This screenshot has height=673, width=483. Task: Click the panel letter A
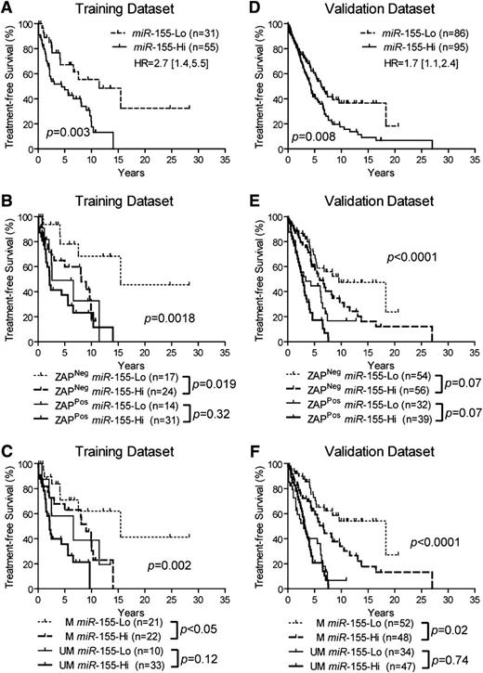coord(7,8)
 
